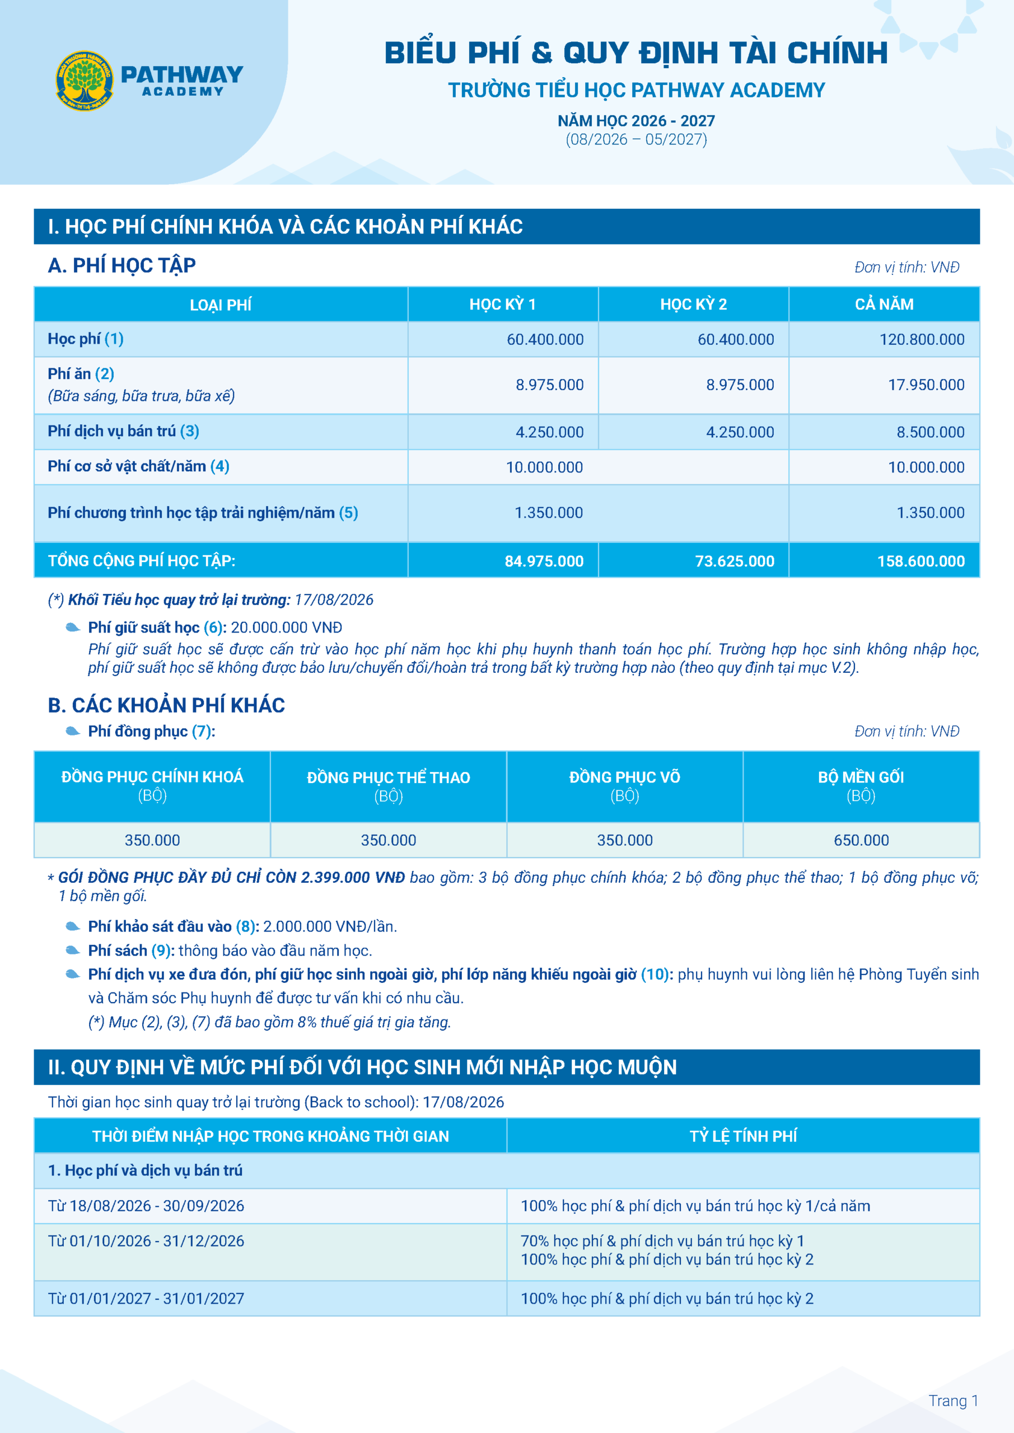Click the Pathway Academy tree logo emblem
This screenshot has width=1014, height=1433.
(x=85, y=80)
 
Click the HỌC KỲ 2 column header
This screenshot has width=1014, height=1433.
(x=693, y=305)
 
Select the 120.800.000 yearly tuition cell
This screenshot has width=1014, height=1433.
(x=922, y=340)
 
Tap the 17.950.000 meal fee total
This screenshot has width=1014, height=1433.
(x=926, y=385)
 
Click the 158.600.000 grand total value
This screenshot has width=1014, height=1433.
(x=921, y=561)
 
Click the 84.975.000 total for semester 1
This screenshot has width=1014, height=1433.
(x=544, y=561)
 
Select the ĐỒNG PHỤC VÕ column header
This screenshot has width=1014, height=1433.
(x=624, y=778)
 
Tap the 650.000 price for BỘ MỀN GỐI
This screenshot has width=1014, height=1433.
(x=861, y=840)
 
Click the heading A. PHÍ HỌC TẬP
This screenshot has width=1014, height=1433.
(x=122, y=266)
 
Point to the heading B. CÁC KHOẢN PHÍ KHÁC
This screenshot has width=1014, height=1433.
(x=166, y=705)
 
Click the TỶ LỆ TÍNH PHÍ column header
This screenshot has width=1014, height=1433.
(x=743, y=1136)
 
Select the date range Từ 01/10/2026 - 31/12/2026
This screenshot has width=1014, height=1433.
(x=146, y=1241)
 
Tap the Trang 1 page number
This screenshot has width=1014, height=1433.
(x=953, y=1401)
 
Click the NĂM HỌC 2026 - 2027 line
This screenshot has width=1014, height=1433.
(x=636, y=121)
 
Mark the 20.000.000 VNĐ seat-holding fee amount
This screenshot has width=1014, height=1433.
(x=286, y=627)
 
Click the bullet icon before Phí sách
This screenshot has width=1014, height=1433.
(x=73, y=950)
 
